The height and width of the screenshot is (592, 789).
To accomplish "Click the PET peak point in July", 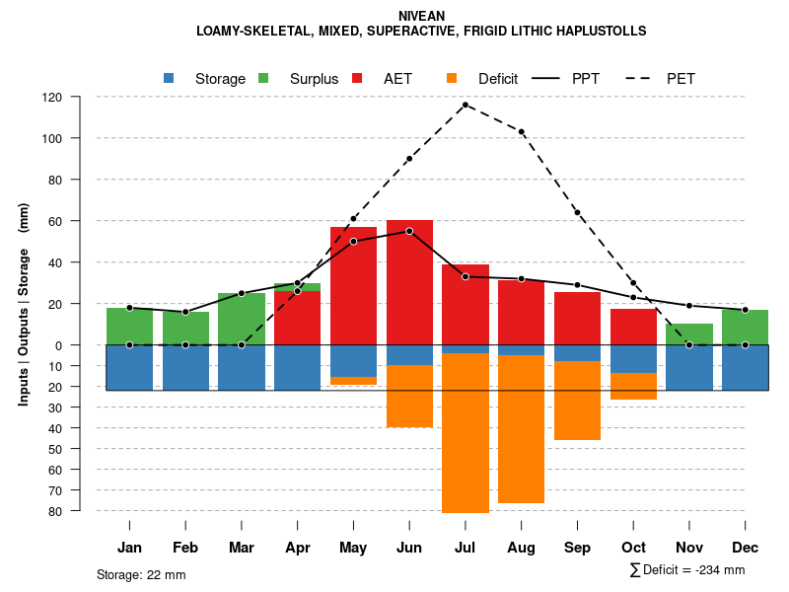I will (x=466, y=104).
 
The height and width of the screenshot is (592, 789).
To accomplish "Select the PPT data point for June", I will (x=409, y=231).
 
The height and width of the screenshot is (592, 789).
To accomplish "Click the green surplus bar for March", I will (x=242, y=319).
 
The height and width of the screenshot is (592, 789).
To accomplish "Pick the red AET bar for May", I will (x=353, y=286).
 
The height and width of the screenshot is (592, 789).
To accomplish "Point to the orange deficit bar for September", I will (x=577, y=401).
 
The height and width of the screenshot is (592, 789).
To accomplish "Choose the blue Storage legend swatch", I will (x=169, y=78).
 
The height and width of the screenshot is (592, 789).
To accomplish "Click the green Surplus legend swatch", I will (x=263, y=78).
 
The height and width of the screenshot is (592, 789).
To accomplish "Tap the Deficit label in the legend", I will (x=498, y=79).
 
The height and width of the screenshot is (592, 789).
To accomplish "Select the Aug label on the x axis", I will (x=521, y=548).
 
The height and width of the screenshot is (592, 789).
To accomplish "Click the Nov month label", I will (x=689, y=548).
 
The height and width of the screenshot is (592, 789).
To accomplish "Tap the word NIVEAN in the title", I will (x=421, y=16).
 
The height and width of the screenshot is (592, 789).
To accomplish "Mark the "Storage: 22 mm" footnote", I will (x=141, y=574).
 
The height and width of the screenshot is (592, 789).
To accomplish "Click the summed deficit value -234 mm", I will (x=720, y=570).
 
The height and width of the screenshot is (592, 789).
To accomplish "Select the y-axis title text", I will (x=24, y=304).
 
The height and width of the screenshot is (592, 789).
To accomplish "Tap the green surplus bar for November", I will (x=689, y=333).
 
